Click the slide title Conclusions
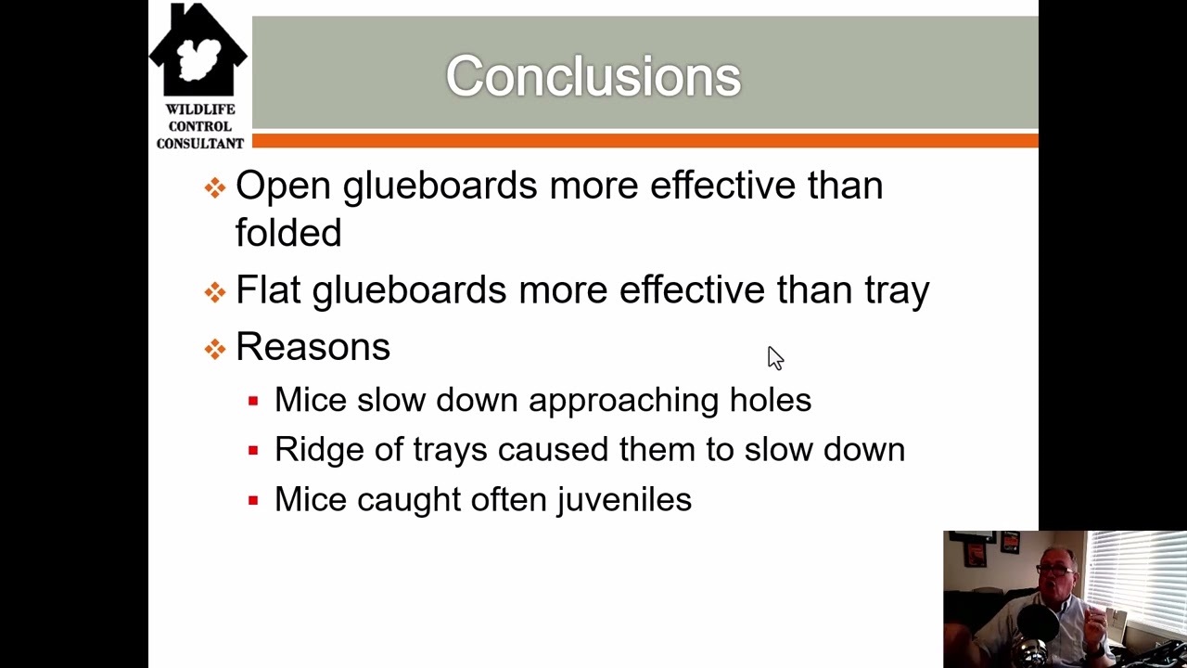pyautogui.click(x=593, y=76)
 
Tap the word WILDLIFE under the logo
pyautogui.click(x=200, y=109)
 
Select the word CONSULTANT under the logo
pyautogui.click(x=200, y=143)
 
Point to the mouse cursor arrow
pyautogui.click(x=774, y=357)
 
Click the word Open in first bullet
pyautogui.click(x=282, y=186)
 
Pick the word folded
pyautogui.click(x=288, y=233)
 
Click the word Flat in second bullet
pyautogui.click(x=267, y=289)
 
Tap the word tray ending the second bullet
pyautogui.click(x=897, y=291)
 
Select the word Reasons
pyautogui.click(x=313, y=347)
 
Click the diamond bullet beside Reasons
pyautogui.click(x=215, y=349)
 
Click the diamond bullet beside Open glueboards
pyautogui.click(x=215, y=188)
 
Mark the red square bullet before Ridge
pyautogui.click(x=253, y=451)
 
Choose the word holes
pyautogui.click(x=770, y=400)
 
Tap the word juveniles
pyautogui.click(x=623, y=500)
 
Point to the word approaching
pyautogui.click(x=623, y=401)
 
